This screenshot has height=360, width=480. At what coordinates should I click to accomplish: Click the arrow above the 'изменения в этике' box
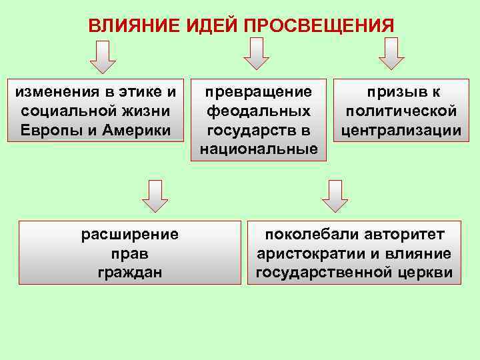(103, 56)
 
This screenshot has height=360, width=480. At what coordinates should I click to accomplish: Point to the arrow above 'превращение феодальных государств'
(256, 53)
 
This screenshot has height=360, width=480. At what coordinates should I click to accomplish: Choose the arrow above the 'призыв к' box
(391, 53)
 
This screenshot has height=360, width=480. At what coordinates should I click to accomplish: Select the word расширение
(130, 235)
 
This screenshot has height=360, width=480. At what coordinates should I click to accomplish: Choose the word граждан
(130, 272)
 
